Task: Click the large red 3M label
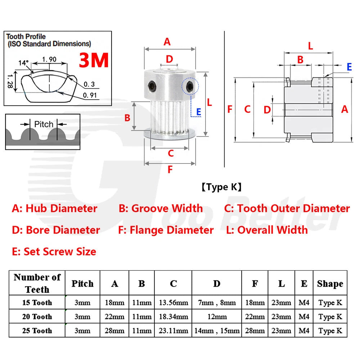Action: tap(94, 60)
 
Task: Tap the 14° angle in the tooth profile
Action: tap(23, 63)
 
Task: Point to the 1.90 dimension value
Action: tap(49, 59)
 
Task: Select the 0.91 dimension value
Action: tap(90, 95)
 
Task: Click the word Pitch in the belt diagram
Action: tap(44, 124)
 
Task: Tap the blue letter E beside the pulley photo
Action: tap(199, 112)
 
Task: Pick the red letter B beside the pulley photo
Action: tap(127, 118)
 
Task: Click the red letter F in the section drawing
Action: tap(230, 109)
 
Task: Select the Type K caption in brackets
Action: tap(221, 187)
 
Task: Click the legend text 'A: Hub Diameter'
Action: tap(55, 208)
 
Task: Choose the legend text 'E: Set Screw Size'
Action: tap(54, 251)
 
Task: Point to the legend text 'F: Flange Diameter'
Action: tap(166, 230)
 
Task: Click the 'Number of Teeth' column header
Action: tap(37, 283)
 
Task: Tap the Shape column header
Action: tap(330, 284)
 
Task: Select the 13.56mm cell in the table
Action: tap(174, 302)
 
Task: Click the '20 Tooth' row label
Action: tap(37, 316)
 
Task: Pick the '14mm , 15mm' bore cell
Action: tap(217, 330)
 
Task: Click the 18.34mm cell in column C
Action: tap(174, 316)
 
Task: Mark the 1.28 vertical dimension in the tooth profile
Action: tap(10, 81)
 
